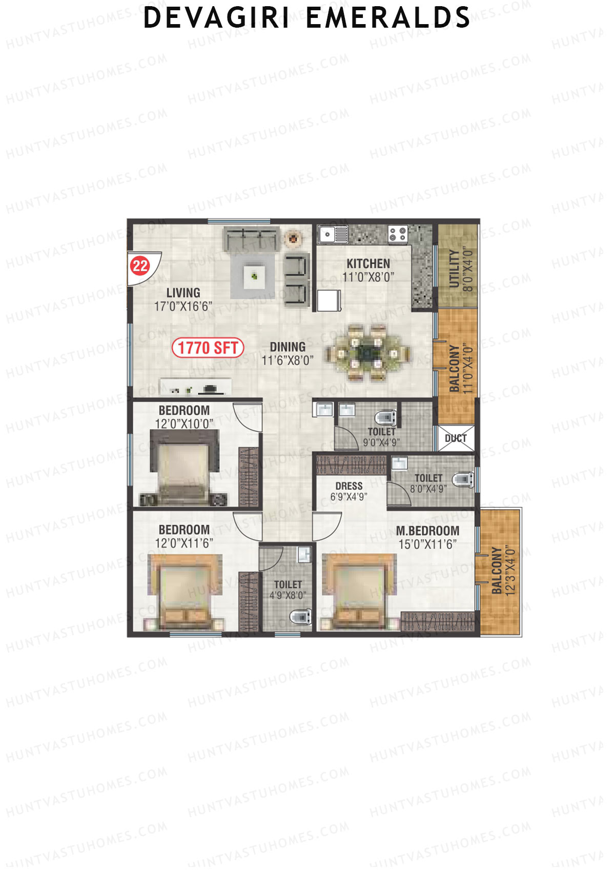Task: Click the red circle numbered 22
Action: [x=140, y=266]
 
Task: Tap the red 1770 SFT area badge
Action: [x=208, y=348]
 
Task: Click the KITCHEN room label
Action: [x=368, y=264]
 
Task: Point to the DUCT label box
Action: [x=456, y=438]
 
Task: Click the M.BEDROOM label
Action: [x=427, y=531]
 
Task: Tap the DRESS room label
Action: [x=349, y=486]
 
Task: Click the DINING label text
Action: [x=288, y=347]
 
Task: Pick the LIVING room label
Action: [x=183, y=293]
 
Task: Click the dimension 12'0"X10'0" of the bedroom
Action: [x=184, y=424]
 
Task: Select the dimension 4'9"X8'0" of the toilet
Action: [x=288, y=596]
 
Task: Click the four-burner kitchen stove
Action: [x=398, y=234]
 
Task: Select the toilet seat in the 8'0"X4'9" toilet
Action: [x=463, y=479]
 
